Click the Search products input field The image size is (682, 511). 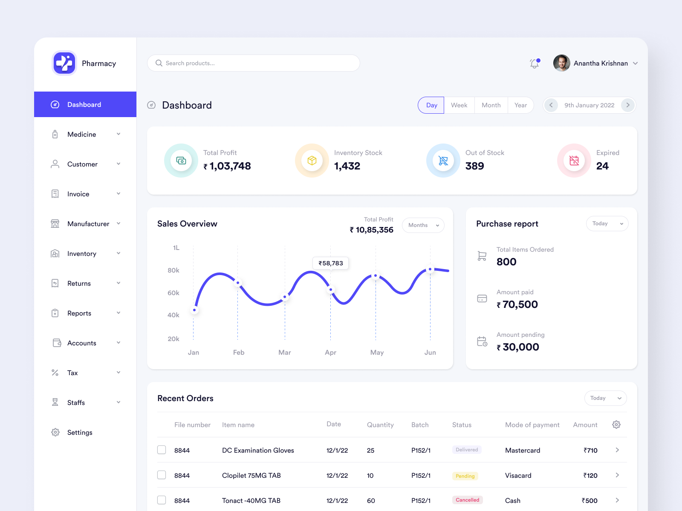pos(253,63)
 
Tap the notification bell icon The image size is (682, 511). pos(534,63)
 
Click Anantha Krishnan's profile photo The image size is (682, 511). pos(561,63)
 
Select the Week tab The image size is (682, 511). pos(459,105)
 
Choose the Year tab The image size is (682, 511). pos(520,105)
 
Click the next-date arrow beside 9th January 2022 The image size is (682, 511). pos(627,105)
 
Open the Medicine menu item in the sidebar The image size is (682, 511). pos(82,135)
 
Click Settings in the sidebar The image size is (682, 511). pos(80,433)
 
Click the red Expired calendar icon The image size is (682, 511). pos(574,161)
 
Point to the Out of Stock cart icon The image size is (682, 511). pos(443,161)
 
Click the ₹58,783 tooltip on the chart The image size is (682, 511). pos(331,263)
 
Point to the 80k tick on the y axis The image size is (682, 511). pos(173,270)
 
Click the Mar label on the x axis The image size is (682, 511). pos(285,353)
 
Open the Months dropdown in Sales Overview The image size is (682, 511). pos(423,225)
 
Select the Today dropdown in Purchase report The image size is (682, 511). pos(607,224)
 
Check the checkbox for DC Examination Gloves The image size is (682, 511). pos(162,450)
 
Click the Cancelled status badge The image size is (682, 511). pos(467,500)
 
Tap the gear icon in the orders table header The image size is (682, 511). pos(616,425)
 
